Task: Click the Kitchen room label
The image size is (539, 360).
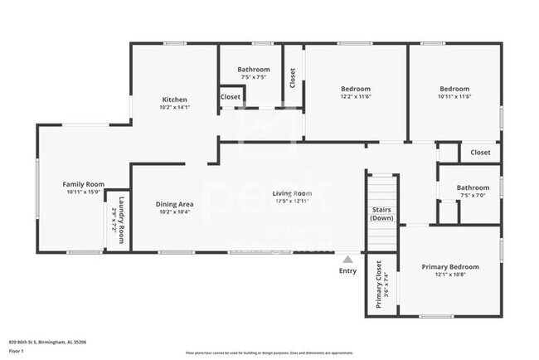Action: click(x=174, y=100)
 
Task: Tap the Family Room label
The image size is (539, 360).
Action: click(x=83, y=184)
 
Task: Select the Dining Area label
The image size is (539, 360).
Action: click(x=175, y=203)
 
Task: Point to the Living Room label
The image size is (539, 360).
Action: click(x=293, y=193)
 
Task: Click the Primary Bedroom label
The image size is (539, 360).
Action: click(x=450, y=266)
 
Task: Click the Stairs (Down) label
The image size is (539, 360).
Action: click(x=381, y=214)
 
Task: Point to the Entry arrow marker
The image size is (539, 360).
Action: click(x=347, y=259)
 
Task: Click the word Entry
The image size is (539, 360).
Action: click(x=347, y=270)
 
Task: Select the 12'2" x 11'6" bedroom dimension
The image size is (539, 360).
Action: click(x=356, y=97)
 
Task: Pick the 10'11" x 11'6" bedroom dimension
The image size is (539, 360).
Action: click(x=454, y=97)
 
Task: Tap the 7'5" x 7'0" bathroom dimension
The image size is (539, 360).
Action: click(x=473, y=196)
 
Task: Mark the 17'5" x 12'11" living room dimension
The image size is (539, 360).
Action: click(x=293, y=201)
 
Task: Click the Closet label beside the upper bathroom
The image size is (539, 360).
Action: click(x=231, y=97)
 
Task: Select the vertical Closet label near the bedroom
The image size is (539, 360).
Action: click(x=293, y=77)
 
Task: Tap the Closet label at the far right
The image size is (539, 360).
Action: click(x=480, y=153)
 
